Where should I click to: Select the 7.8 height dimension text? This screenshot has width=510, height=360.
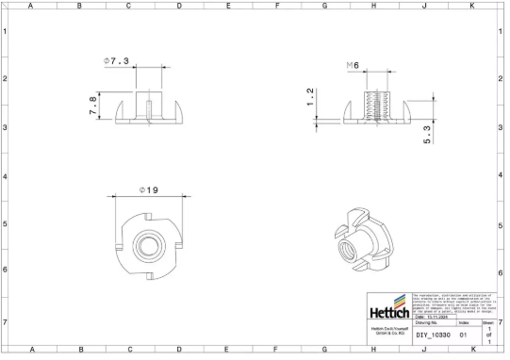[x=92, y=106]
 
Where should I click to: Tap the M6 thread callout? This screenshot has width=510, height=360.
[x=354, y=64]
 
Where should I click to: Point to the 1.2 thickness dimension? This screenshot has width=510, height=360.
[x=310, y=97]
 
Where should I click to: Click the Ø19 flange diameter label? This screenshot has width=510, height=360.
[x=148, y=189]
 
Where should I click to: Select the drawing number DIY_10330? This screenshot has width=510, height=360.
[x=435, y=335]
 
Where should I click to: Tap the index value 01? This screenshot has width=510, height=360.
[x=463, y=335]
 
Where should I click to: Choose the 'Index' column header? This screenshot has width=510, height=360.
[x=463, y=323]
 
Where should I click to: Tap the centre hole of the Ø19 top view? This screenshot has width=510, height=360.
[x=148, y=242]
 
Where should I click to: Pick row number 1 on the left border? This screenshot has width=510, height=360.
[x=6, y=31]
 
